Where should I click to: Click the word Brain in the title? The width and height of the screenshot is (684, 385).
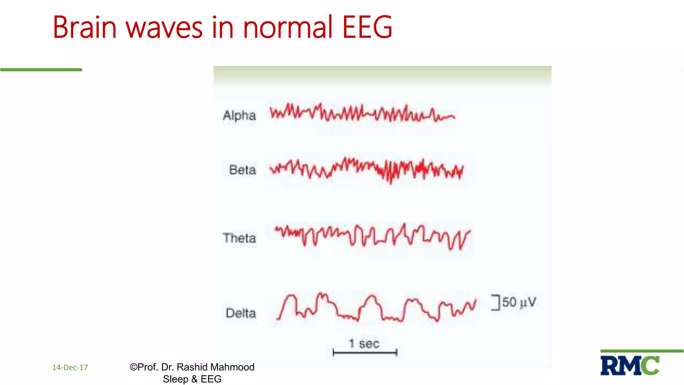(85, 27)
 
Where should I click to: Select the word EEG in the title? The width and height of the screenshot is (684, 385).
(367, 27)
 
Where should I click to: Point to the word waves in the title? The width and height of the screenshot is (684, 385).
(164, 27)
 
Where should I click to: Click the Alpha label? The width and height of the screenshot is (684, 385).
(239, 116)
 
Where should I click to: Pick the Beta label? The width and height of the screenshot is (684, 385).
(242, 170)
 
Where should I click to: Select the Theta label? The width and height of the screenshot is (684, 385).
(239, 238)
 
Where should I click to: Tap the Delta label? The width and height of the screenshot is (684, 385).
(241, 313)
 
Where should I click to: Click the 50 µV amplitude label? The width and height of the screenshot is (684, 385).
(519, 302)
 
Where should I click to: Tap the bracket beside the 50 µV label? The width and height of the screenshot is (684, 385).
(496, 302)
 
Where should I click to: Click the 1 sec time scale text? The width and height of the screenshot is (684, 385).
(364, 344)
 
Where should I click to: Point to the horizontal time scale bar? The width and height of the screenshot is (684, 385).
(365, 352)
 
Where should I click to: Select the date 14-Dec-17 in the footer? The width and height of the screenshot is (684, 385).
(70, 368)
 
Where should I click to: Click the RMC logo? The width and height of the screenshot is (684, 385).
(630, 365)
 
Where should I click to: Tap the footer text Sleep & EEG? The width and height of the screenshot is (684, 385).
(192, 379)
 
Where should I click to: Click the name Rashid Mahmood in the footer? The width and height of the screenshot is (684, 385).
(215, 367)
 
